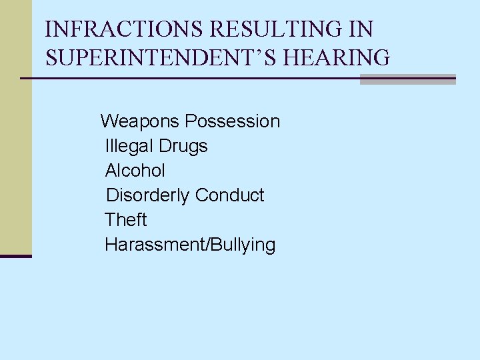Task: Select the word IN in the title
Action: click(x=360, y=30)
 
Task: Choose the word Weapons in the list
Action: click(x=140, y=121)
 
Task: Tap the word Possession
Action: click(x=233, y=121)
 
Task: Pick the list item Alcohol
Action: click(x=135, y=171)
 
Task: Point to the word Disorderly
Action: click(x=148, y=195)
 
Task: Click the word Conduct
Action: click(x=230, y=195)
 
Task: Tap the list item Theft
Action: click(x=126, y=220)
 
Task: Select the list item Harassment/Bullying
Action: click(x=190, y=245)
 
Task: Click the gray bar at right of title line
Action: click(x=407, y=79)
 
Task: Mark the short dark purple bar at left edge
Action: click(x=16, y=255)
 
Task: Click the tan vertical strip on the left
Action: click(x=16, y=133)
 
